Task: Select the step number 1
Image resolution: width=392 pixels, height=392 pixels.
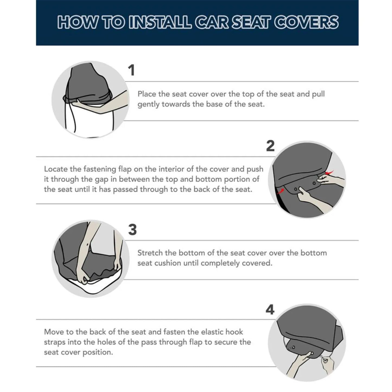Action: click(131, 70)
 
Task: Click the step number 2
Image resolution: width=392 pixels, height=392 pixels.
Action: click(270, 146)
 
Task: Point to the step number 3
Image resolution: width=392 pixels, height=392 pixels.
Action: click(132, 230)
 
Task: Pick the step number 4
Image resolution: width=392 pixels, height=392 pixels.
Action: click(270, 310)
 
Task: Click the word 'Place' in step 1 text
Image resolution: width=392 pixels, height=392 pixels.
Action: click(147, 94)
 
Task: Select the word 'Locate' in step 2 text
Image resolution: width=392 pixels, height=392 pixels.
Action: click(56, 169)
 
